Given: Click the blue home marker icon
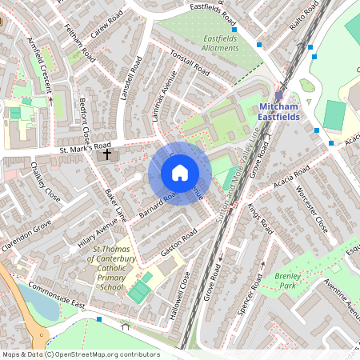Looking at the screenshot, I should point(180,173).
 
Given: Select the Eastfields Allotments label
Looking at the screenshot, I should point(208,43).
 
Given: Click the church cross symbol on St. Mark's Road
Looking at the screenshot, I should point(106,152).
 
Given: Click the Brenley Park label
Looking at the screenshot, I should point(287,280).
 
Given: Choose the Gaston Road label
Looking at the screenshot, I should point(178,242).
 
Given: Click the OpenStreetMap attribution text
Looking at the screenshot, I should point(81,354).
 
